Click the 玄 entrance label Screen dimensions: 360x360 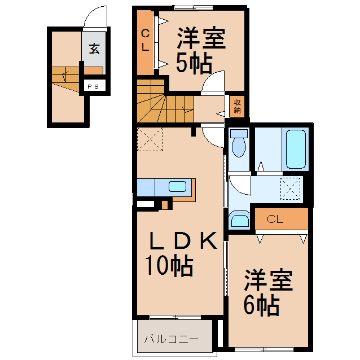pos(94,49)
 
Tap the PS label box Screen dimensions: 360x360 pos(93,86)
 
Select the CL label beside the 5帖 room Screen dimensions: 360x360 pos(145,40)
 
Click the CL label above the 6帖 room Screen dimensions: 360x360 pos(275,219)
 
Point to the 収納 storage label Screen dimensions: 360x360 pos(238,106)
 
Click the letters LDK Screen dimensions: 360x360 pos(182,242)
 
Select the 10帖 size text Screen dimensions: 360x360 pos(169,265)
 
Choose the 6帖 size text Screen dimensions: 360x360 pos(261,305)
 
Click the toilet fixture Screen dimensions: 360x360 pos(239,143)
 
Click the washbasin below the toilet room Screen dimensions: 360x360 pos(239,220)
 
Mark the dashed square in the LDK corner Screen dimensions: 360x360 pos(150,139)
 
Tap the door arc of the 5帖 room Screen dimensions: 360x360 pos(214,82)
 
